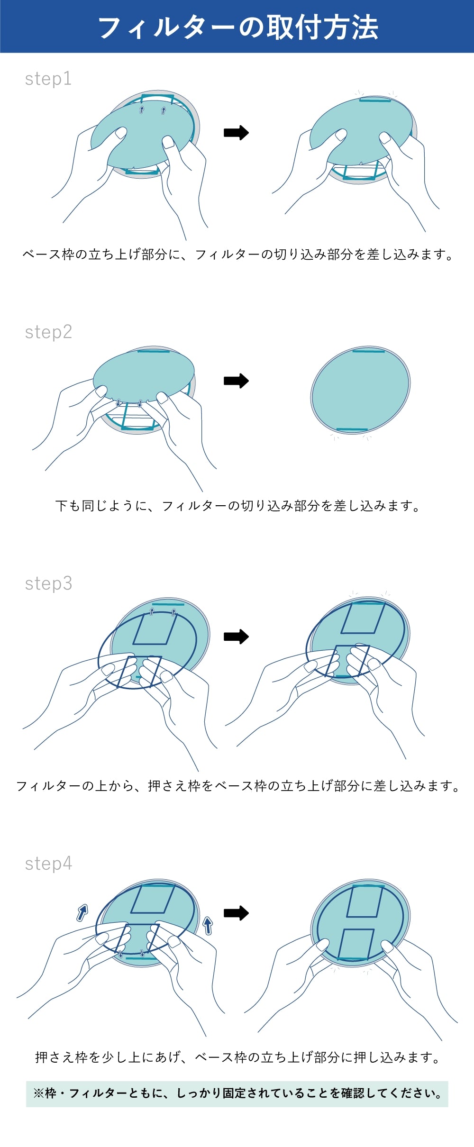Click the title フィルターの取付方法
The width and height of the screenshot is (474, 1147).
237,27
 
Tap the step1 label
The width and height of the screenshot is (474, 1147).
48,79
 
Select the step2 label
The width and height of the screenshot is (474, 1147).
48,332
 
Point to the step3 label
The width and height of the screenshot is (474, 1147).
48,583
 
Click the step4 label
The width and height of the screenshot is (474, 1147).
48,864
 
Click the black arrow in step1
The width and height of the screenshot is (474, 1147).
236,133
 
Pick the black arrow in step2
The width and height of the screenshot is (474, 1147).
236,381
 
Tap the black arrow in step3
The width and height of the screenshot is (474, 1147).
236,637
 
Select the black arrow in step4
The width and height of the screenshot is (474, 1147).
236,912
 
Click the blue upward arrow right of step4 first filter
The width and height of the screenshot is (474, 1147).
208,925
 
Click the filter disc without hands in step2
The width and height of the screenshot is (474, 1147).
360,391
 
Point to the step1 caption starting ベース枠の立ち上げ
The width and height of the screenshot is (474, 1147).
237,255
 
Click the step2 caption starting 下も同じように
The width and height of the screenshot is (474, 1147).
237,506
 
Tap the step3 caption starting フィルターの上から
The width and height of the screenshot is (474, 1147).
237,786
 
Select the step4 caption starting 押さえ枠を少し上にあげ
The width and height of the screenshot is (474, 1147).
237,1057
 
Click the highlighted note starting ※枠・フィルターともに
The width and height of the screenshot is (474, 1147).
237,1093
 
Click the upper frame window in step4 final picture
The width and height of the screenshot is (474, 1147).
365,901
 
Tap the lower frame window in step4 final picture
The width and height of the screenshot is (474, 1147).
357,944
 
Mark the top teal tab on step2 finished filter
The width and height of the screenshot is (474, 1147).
369,351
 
